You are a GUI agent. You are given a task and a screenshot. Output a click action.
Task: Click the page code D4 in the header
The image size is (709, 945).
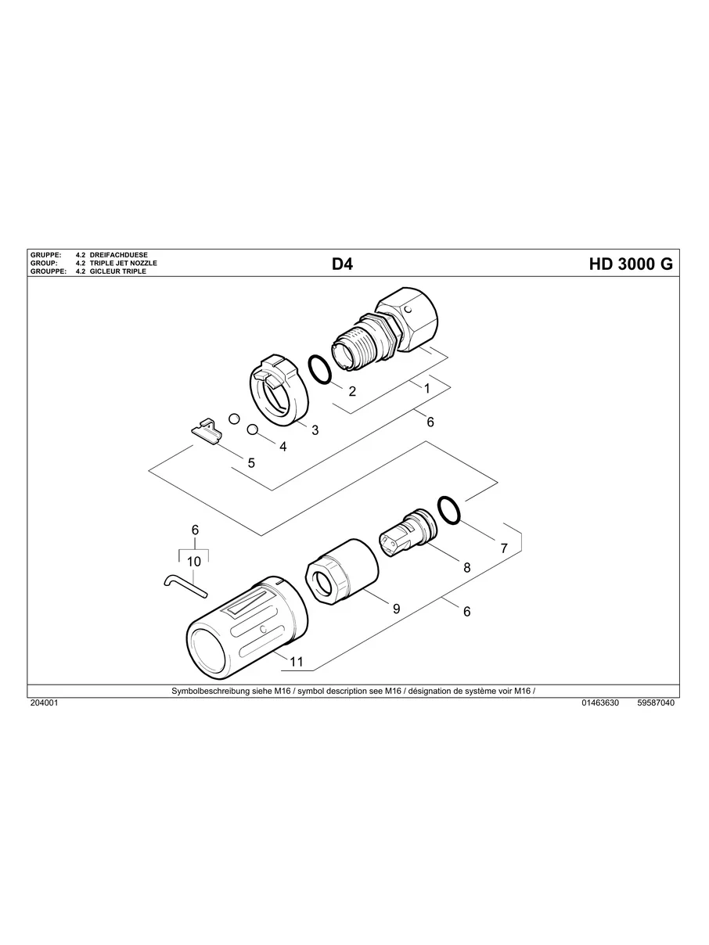point(343,264)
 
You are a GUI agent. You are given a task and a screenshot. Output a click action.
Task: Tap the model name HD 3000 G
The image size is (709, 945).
point(630,264)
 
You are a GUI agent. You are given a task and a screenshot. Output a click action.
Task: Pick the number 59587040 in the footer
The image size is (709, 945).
point(656,703)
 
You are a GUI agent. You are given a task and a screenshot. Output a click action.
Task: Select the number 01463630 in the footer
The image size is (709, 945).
point(600,703)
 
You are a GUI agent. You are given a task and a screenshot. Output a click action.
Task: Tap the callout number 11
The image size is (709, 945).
point(296,662)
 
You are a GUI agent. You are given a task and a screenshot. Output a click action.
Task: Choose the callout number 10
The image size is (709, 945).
point(195,561)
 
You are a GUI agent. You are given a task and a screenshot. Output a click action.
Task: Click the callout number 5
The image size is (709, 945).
point(251,463)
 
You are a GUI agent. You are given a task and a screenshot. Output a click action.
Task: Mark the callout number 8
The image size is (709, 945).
point(466,568)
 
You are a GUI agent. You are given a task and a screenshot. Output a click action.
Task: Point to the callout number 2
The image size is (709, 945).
point(352,391)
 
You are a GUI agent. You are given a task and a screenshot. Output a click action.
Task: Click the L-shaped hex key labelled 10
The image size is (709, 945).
point(184,584)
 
